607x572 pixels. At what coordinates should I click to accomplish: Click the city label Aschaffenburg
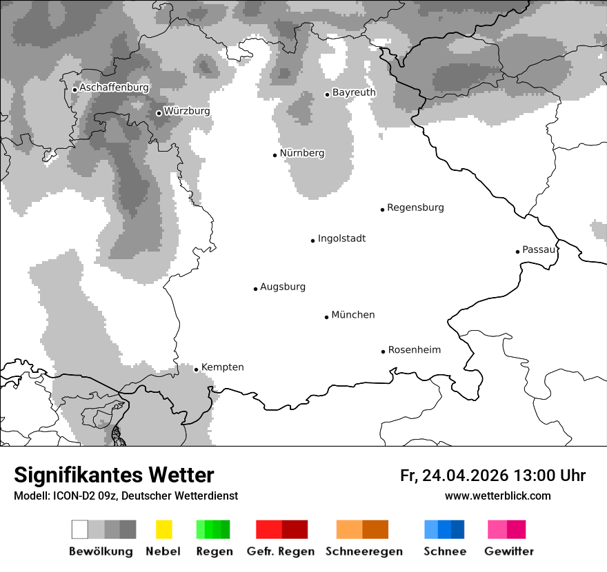[x=114, y=88]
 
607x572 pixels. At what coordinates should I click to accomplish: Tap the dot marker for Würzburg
[x=159, y=113]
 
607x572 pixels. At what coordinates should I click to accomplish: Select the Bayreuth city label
[x=354, y=92]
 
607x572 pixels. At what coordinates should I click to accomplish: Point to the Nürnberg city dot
[x=275, y=155]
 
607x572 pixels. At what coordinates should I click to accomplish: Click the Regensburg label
[x=415, y=207]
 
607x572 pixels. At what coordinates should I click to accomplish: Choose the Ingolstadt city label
[x=341, y=239]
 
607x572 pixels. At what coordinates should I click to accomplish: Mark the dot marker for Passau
[x=517, y=252]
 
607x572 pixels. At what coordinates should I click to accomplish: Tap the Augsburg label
[x=283, y=287]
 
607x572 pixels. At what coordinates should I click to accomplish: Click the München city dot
[x=326, y=317]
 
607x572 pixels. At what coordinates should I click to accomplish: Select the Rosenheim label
[x=414, y=350]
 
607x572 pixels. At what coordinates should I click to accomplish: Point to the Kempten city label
[x=222, y=367]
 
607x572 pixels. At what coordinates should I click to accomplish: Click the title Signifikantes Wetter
[x=114, y=476]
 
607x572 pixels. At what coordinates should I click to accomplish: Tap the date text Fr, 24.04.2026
[x=454, y=476]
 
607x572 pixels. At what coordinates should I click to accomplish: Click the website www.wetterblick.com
[x=497, y=496]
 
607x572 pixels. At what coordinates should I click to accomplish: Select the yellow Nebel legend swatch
[x=163, y=529]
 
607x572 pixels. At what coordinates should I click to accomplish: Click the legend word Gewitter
[x=508, y=551]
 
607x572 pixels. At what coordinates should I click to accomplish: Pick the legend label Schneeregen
[x=364, y=551]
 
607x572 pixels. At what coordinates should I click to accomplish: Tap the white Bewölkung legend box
[x=80, y=529]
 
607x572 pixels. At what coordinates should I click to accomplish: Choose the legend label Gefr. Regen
[x=281, y=551]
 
